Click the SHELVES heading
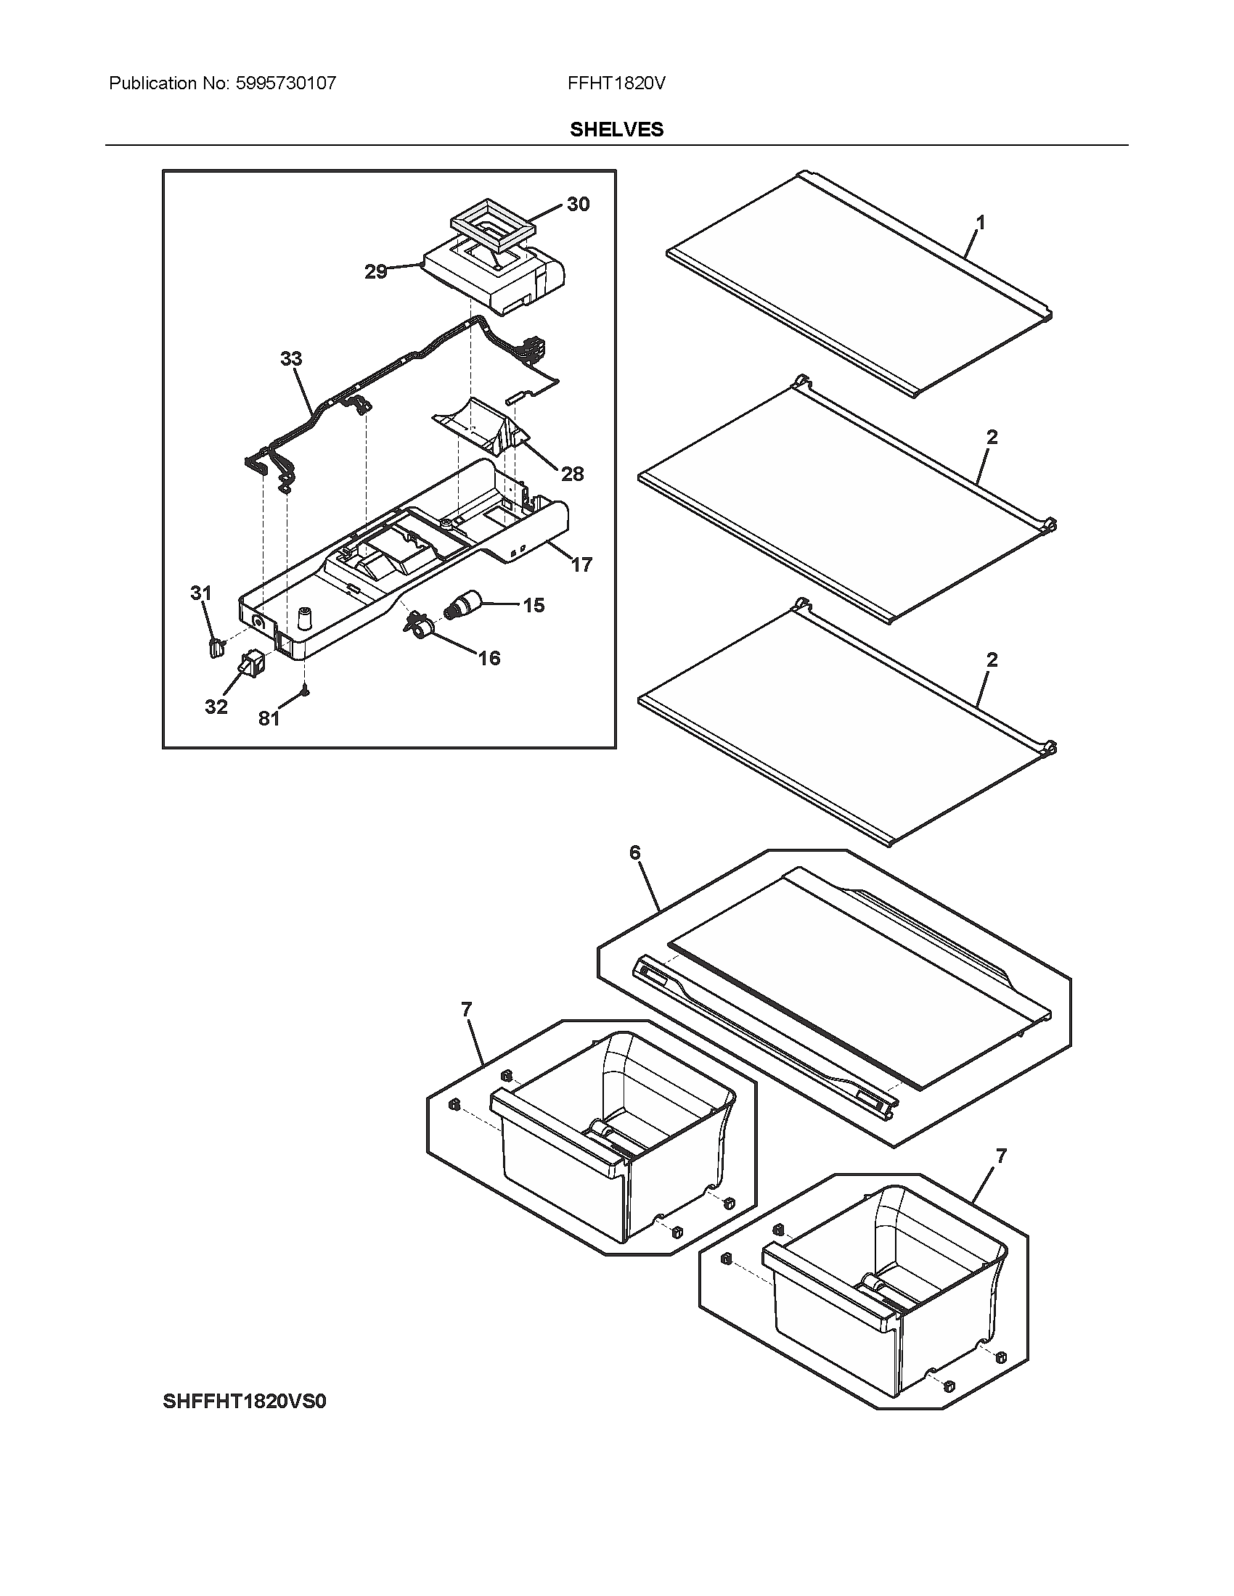(616, 129)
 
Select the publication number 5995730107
(286, 83)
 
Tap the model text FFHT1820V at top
(616, 83)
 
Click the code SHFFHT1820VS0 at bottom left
(244, 1402)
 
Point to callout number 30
(578, 205)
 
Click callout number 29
(376, 272)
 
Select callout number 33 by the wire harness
(291, 359)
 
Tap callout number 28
(573, 474)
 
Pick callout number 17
(581, 564)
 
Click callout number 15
(534, 605)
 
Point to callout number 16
(489, 659)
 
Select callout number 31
(201, 593)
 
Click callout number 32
(216, 707)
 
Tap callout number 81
(269, 719)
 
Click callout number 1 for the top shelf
(981, 222)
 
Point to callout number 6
(634, 852)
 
